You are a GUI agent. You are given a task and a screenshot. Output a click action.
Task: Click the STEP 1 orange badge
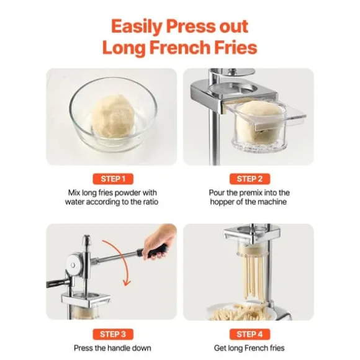pos(112,179)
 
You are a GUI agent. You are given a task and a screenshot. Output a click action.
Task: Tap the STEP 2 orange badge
pos(248,179)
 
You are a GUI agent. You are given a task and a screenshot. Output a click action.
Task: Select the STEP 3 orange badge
pos(112,334)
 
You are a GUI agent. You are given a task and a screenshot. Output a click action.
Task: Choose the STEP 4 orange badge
pos(248,334)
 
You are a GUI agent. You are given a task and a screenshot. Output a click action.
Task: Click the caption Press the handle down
pos(112,348)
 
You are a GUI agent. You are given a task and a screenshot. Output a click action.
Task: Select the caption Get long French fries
pos(248,348)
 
